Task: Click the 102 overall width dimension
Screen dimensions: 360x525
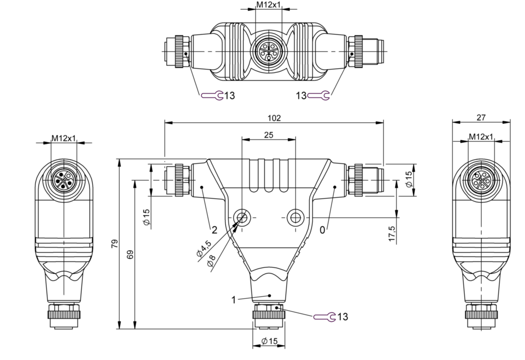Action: (274, 118)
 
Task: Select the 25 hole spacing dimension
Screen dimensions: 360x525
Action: (269, 135)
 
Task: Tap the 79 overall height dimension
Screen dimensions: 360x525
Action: (115, 244)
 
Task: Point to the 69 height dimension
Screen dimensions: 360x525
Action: (130, 255)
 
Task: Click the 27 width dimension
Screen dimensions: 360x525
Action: (481, 117)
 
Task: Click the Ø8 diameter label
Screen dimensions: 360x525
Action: (211, 261)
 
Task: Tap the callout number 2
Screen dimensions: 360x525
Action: (214, 230)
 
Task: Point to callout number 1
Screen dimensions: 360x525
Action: (234, 300)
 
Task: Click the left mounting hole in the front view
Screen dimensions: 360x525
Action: (242, 217)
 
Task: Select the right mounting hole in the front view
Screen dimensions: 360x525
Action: (295, 217)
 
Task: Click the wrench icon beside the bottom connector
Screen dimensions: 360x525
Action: (324, 317)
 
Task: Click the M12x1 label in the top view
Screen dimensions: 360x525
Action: (268, 5)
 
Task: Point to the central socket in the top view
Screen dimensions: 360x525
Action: (268, 51)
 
